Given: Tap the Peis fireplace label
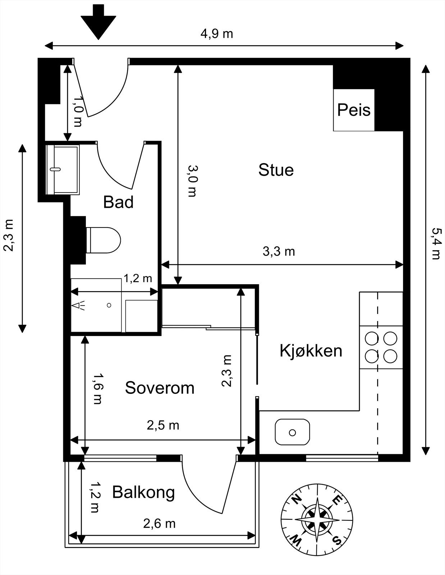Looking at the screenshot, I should click(354, 110).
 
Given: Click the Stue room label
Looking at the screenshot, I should click(276, 170).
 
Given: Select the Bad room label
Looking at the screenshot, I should click(118, 202).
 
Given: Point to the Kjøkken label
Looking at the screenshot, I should click(311, 350).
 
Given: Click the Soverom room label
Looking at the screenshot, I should click(160, 388).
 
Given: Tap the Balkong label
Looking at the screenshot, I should click(143, 492).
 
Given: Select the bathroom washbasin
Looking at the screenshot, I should click(63, 169).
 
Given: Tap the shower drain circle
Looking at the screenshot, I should click(109, 305).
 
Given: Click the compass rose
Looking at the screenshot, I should click(317, 520).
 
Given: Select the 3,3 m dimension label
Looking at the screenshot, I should click(279, 252).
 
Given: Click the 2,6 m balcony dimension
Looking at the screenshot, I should click(159, 524).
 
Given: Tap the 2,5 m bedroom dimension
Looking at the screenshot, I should click(163, 425).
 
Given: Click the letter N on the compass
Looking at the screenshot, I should click(296, 500).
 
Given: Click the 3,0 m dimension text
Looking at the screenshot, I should click(192, 181).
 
